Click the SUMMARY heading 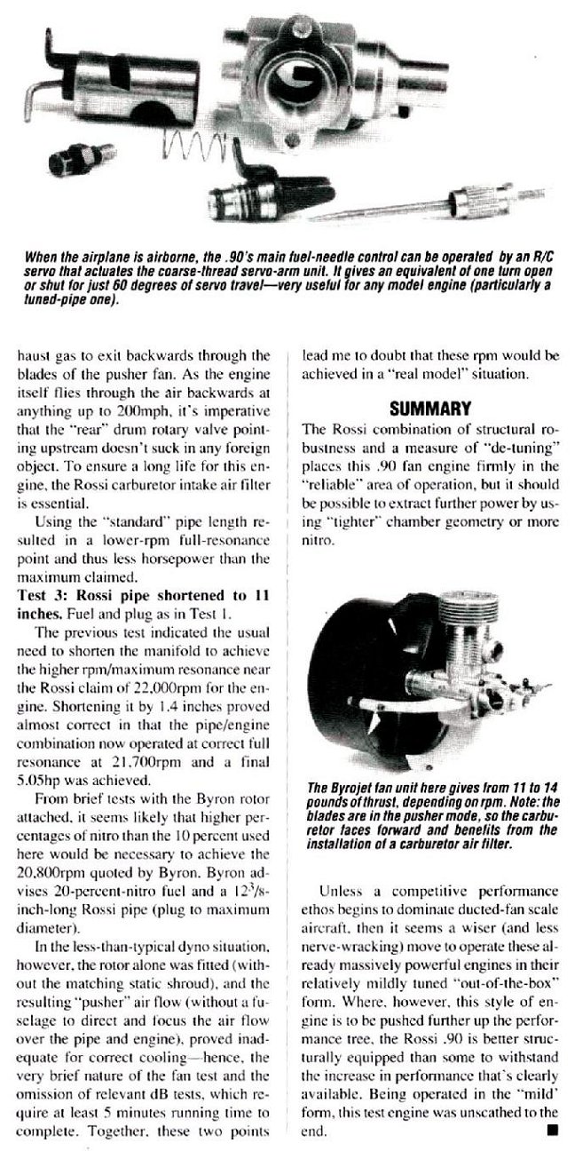pos(429,409)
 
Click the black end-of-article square pos(553,1131)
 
